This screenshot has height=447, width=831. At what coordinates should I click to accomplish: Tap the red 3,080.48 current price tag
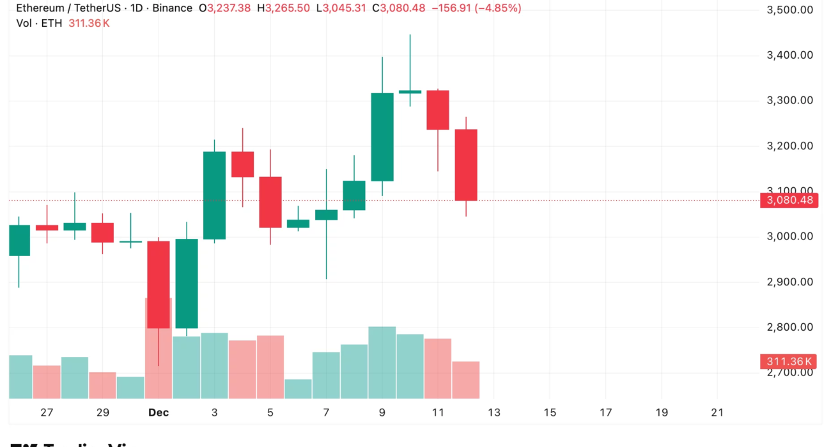click(x=789, y=201)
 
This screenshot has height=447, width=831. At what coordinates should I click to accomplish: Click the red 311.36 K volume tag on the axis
click(x=789, y=362)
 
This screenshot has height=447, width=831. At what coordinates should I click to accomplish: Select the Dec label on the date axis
click(x=159, y=413)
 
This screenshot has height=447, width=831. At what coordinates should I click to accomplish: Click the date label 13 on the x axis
click(x=493, y=413)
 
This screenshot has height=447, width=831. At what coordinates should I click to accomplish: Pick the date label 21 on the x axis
click(x=717, y=413)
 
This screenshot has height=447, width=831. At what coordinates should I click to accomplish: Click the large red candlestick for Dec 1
click(x=159, y=284)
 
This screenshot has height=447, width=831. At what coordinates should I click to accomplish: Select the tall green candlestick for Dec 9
click(x=382, y=137)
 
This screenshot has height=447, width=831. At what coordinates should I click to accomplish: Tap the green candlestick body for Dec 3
click(x=214, y=195)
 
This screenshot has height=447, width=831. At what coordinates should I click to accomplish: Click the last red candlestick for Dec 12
click(x=466, y=165)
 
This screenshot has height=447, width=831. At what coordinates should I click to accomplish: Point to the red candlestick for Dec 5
click(x=270, y=202)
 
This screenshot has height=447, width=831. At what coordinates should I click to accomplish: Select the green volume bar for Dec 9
click(x=382, y=363)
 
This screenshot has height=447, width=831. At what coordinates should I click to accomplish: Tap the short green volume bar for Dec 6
click(x=298, y=389)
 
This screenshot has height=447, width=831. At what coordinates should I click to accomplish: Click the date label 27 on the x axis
click(x=47, y=413)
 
